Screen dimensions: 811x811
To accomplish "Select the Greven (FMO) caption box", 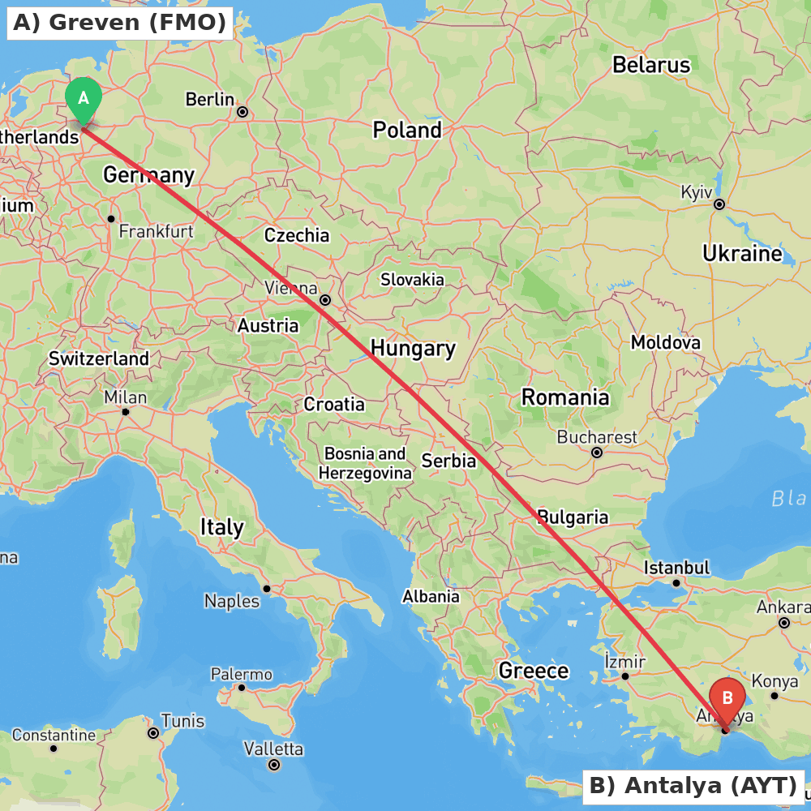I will (x=120, y=23).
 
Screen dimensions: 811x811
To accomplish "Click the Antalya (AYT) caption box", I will (x=693, y=786).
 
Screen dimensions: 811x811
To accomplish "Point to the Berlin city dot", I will (x=242, y=112).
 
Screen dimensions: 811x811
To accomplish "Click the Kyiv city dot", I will (x=719, y=204).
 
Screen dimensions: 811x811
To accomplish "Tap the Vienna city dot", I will (x=325, y=300).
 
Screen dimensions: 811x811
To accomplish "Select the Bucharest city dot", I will (x=597, y=453).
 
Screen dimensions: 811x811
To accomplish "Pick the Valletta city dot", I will (x=274, y=765).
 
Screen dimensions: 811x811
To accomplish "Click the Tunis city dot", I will (x=152, y=733).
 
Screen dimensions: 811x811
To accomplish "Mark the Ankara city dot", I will (x=783, y=623).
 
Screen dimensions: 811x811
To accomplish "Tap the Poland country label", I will (x=407, y=130).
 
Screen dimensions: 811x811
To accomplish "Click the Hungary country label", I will (x=413, y=349).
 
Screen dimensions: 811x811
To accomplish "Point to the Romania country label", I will (x=564, y=397).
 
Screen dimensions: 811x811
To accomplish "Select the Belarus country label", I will (x=650, y=65).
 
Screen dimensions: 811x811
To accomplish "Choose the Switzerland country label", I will (x=99, y=358).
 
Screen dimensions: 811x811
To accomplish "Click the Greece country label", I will (x=534, y=671).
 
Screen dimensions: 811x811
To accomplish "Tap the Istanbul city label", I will (x=676, y=568).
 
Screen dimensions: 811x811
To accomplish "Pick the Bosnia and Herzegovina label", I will (x=365, y=463).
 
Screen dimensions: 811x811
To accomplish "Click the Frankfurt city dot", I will (x=111, y=219).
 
